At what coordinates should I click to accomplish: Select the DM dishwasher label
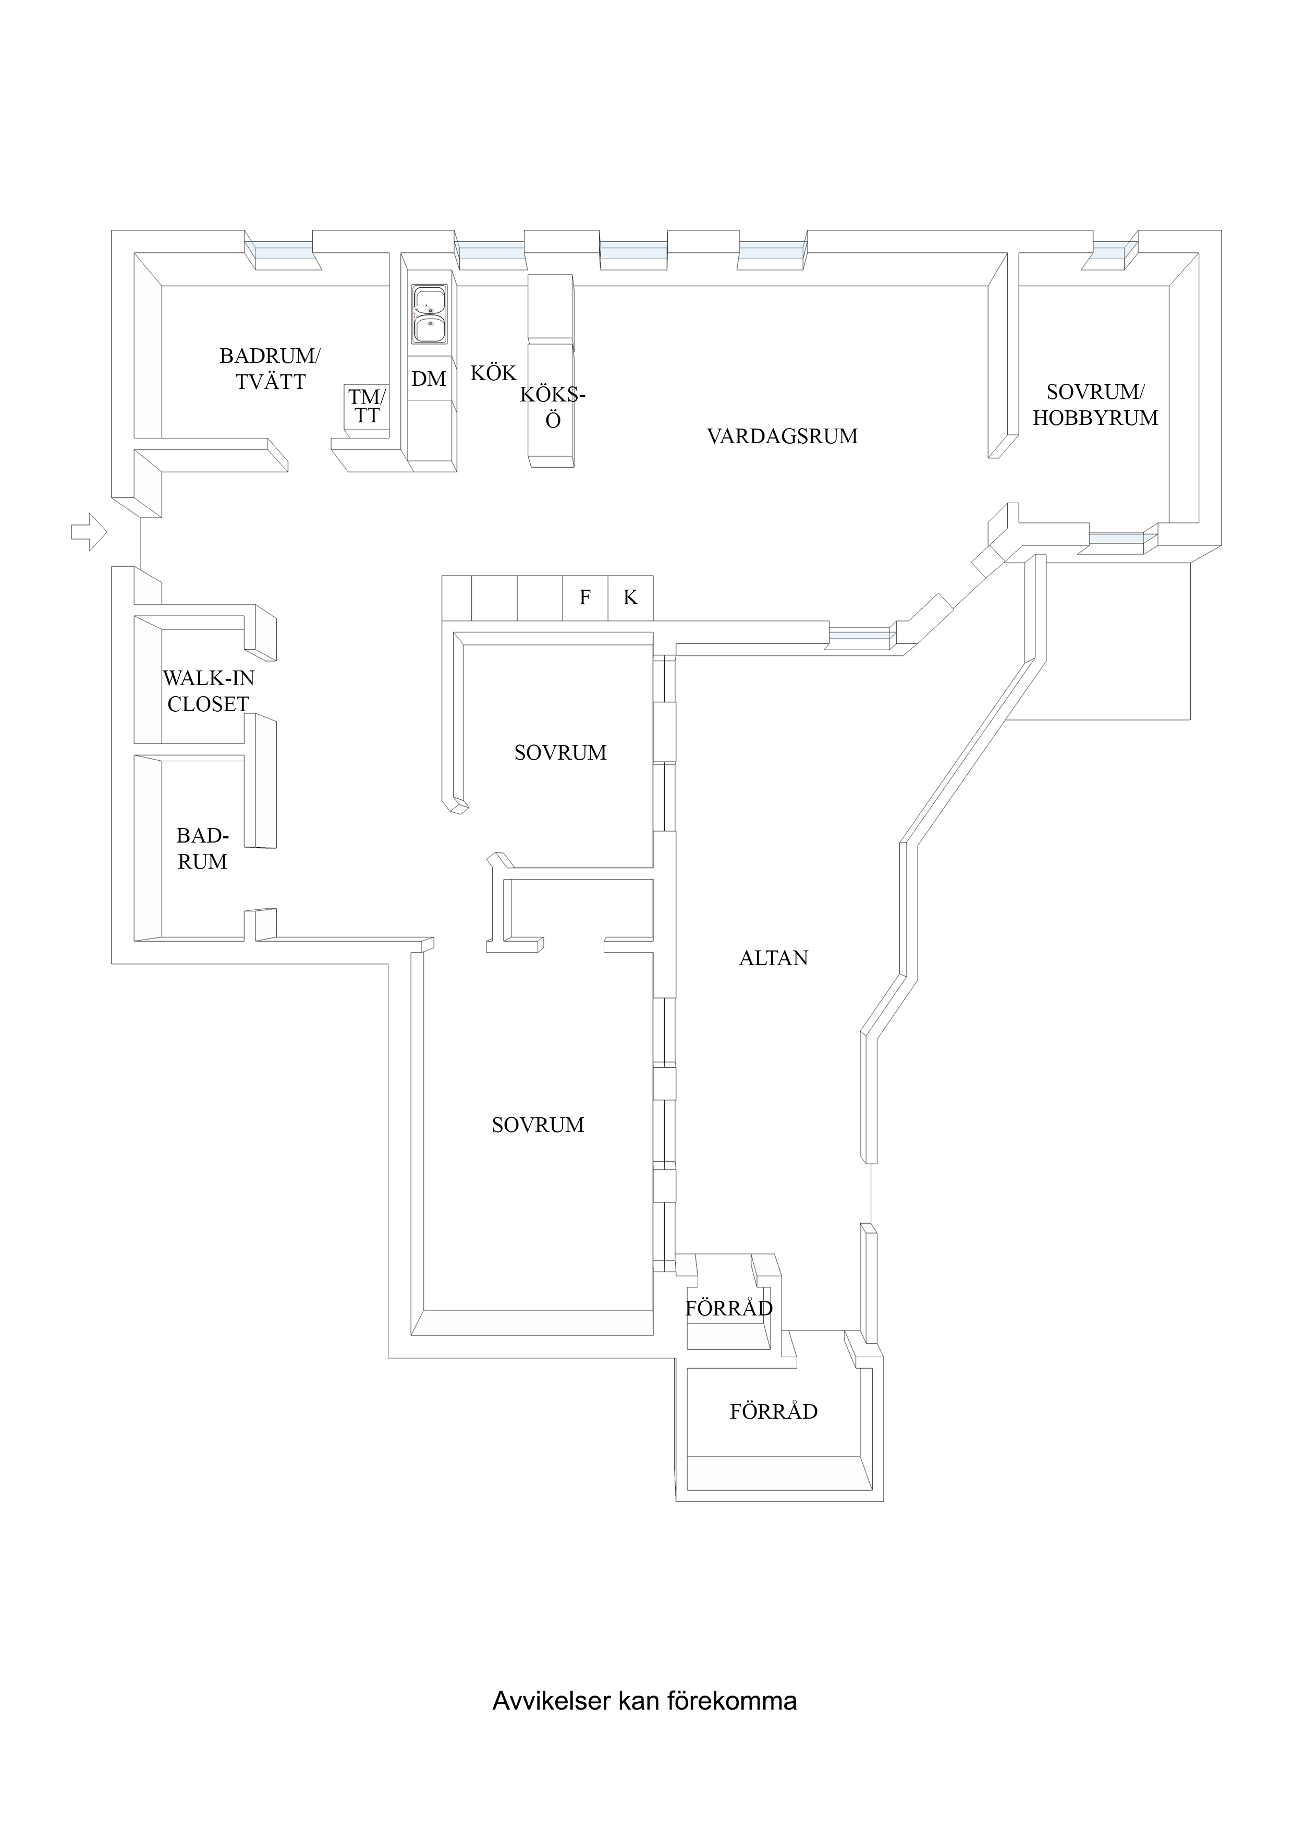click(429, 379)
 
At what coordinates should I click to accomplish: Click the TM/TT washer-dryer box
click(367, 406)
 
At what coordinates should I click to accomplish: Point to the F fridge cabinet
click(585, 598)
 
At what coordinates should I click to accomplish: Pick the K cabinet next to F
click(630, 598)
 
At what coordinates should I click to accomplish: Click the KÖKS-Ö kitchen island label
click(552, 407)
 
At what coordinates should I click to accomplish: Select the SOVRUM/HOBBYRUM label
click(1095, 405)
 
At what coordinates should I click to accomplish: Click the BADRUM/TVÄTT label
click(270, 369)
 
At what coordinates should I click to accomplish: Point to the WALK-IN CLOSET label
click(208, 691)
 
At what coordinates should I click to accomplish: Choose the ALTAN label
click(773, 958)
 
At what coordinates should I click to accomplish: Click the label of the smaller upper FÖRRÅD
click(728, 1308)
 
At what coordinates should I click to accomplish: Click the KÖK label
click(493, 373)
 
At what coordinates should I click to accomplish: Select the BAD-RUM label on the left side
click(202, 848)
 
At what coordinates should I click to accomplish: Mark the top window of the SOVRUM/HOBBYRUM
click(1115, 252)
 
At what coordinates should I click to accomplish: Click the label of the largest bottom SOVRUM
click(538, 1125)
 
